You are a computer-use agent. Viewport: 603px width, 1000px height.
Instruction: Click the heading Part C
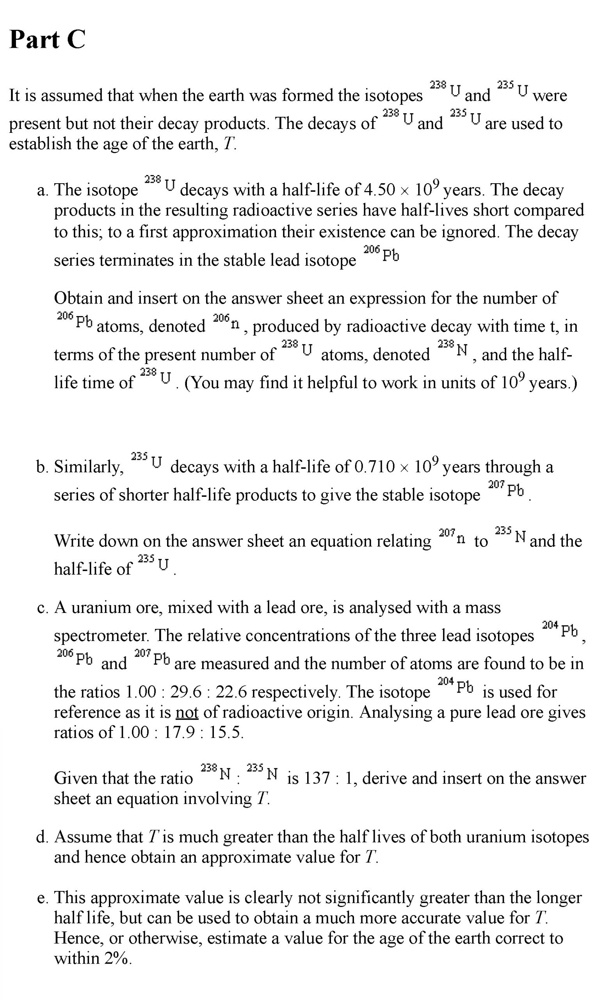(47, 39)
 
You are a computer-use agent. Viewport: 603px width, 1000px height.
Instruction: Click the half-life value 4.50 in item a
(379, 190)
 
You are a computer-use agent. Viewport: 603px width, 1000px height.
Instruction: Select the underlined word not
(187, 712)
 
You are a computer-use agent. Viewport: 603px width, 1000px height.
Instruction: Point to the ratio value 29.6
(185, 692)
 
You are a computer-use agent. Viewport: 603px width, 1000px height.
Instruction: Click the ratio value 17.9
(178, 732)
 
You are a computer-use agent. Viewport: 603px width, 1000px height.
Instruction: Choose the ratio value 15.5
(225, 732)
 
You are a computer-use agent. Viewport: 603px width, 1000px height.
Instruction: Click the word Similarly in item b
(89, 467)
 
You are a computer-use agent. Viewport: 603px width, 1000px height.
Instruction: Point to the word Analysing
(395, 712)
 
